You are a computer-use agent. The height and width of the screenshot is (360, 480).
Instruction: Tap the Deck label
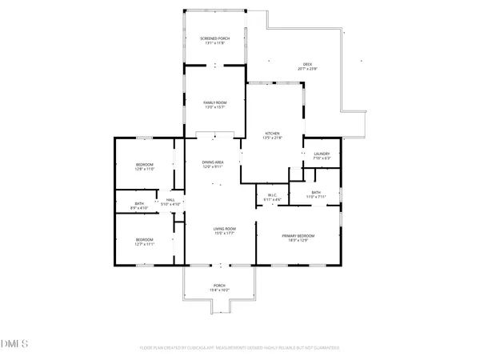pyautogui.click(x=307, y=64)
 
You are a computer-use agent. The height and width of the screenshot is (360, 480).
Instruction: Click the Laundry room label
pyautogui.click(x=322, y=154)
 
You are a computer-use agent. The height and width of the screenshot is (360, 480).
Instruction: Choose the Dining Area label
pyautogui.click(x=212, y=162)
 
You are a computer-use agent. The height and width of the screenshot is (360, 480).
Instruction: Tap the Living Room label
pyautogui.click(x=223, y=230)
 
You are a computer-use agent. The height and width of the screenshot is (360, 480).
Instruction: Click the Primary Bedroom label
pyautogui.click(x=298, y=236)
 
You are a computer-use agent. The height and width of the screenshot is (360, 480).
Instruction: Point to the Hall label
pyautogui.click(x=170, y=199)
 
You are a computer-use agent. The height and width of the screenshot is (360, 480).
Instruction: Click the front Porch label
pyautogui.click(x=219, y=285)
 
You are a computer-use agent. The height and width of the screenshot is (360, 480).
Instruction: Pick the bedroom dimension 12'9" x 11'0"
pyautogui.click(x=144, y=170)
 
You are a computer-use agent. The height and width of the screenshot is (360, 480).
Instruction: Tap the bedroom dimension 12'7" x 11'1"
pyautogui.click(x=144, y=244)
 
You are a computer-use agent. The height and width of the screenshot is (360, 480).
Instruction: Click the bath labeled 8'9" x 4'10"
pyautogui.click(x=139, y=208)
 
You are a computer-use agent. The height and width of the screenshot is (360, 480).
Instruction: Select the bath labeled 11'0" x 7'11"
pyautogui.click(x=315, y=197)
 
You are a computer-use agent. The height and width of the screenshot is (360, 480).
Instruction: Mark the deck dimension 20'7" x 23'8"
pyautogui.click(x=307, y=69)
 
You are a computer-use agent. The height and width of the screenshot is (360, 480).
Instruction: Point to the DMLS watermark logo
pyautogui.click(x=14, y=345)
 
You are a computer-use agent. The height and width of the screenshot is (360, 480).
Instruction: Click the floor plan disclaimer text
pyautogui.click(x=240, y=348)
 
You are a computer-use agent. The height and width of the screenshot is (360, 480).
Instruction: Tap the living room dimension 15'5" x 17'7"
pyautogui.click(x=223, y=234)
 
